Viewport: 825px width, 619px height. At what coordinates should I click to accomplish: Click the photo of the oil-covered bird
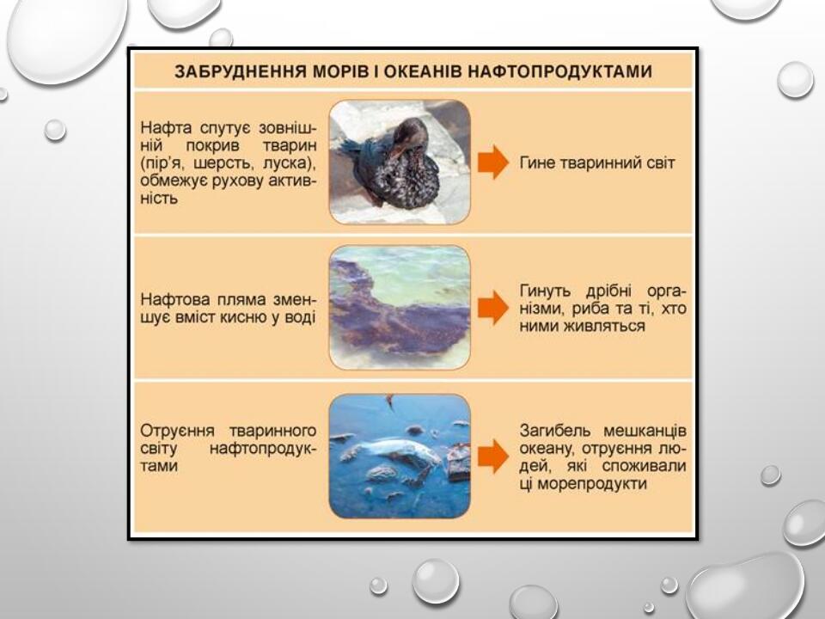(x=400, y=162)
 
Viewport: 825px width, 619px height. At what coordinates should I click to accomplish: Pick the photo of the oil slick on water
(x=400, y=307)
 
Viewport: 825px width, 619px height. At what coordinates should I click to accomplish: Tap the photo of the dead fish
(x=400, y=456)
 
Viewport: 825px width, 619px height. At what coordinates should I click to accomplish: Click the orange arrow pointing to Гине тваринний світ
(x=493, y=162)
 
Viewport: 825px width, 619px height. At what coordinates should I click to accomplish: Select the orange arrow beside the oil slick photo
(x=493, y=307)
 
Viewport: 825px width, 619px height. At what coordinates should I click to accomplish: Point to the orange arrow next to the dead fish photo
(x=493, y=456)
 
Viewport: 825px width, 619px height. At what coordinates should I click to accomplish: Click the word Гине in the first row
(x=537, y=162)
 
